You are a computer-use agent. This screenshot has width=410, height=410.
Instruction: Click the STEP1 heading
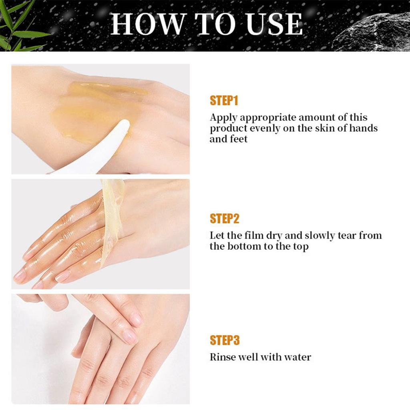click(224, 101)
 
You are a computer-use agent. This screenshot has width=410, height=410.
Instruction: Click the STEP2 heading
click(224, 219)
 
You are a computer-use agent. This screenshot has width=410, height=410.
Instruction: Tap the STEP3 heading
click(224, 340)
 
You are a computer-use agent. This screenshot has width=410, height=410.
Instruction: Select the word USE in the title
click(275, 24)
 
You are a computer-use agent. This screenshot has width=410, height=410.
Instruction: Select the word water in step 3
click(297, 357)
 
